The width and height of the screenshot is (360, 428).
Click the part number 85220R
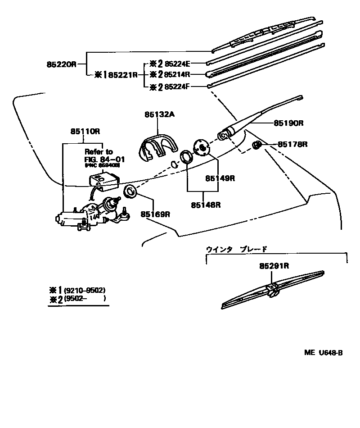coord(61,65)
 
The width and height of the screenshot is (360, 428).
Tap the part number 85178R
coord(292,144)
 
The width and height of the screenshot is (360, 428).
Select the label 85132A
coord(159,115)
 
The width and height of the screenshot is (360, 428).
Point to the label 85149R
coord(220,178)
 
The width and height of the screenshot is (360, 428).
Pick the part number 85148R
coord(205,205)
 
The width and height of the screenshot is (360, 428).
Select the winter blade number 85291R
coord(274,266)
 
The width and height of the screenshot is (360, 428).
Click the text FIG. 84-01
coord(105,159)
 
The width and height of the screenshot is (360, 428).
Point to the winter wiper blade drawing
coord(272,291)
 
